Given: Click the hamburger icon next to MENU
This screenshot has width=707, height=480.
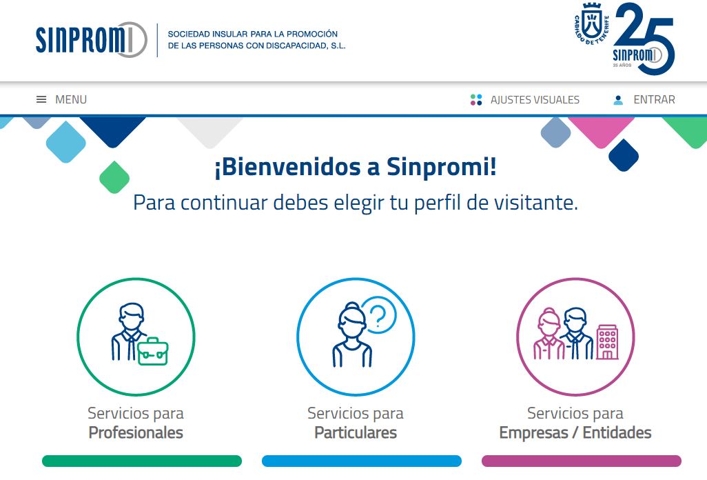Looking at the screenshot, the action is pyautogui.click(x=41, y=99).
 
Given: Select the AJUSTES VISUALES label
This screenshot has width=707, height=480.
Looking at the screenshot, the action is pyautogui.click(x=535, y=100).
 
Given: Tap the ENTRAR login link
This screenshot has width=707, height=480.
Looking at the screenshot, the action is pyautogui.click(x=654, y=100).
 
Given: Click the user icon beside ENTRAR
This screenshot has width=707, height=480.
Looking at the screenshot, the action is pyautogui.click(x=618, y=100).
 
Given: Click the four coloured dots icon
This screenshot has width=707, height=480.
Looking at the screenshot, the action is pyautogui.click(x=476, y=100).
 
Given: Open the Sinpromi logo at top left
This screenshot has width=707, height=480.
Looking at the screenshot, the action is pyautogui.click(x=92, y=40).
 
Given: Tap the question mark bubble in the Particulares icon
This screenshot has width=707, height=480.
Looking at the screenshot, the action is pyautogui.click(x=380, y=314).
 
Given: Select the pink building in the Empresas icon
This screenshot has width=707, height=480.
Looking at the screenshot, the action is pyautogui.click(x=607, y=342).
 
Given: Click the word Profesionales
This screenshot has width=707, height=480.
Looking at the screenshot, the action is pyautogui.click(x=136, y=432).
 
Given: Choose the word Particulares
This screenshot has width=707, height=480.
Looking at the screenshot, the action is pyautogui.click(x=356, y=432).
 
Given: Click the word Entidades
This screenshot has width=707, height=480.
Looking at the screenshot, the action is pyautogui.click(x=617, y=432).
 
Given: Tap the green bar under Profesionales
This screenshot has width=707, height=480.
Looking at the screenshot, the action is pyautogui.click(x=142, y=461).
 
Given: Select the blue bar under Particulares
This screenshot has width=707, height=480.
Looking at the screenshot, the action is pyautogui.click(x=362, y=461).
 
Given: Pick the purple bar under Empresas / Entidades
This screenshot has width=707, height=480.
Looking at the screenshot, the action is pyautogui.click(x=582, y=461).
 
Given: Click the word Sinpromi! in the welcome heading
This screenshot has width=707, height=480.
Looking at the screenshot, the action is pyautogui.click(x=442, y=167).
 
